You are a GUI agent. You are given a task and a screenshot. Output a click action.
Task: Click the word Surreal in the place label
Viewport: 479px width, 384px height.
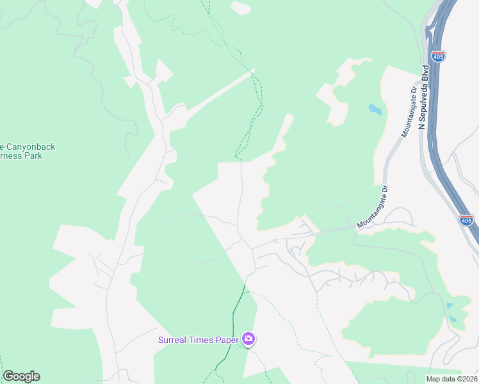click(174, 339)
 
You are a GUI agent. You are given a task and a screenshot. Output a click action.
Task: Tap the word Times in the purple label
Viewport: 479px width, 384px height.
click(204, 339)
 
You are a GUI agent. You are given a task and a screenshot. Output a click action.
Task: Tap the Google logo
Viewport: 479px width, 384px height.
click(21, 376)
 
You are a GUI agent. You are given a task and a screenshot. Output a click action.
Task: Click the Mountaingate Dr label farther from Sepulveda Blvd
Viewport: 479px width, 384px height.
click(373, 208)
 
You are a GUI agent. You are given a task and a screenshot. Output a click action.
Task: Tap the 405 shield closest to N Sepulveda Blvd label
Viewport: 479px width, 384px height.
click(438, 57)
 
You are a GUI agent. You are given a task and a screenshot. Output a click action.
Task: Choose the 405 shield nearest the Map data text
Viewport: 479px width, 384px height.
click(466, 221)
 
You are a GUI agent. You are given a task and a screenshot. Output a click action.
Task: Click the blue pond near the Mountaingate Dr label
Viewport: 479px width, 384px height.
click(375, 109)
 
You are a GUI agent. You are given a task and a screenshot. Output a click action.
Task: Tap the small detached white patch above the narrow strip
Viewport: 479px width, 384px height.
click(240, 8)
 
